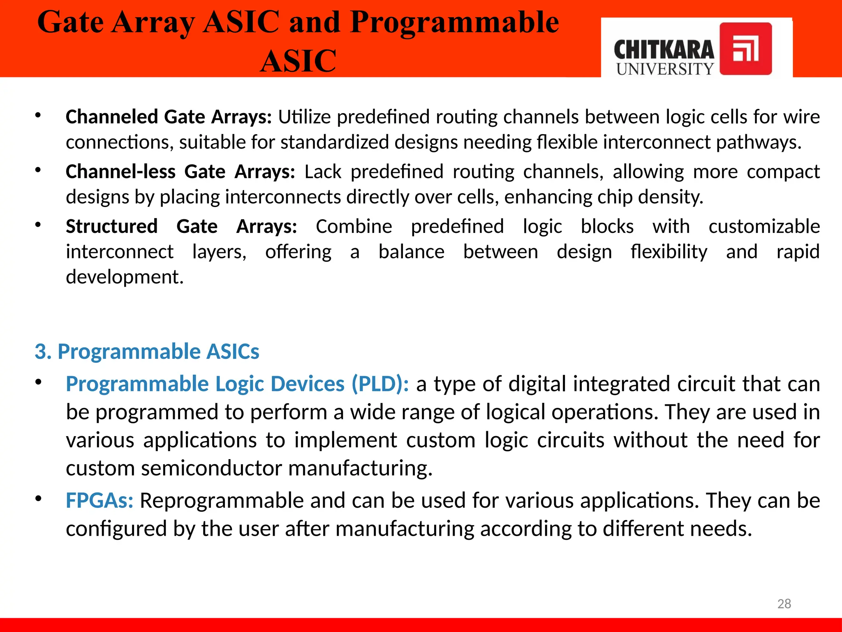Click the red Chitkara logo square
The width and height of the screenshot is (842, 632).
745,49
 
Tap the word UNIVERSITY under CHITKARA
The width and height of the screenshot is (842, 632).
665,69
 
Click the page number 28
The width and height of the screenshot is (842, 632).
784,604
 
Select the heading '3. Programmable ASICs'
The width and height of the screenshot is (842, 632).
147,351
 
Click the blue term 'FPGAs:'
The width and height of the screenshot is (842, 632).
99,501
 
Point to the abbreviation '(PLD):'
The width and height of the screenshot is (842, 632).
380,384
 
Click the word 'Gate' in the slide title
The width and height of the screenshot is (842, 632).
70,22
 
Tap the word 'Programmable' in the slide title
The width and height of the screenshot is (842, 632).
454,22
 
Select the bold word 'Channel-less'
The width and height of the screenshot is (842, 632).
120,172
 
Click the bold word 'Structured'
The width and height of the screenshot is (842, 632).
111,226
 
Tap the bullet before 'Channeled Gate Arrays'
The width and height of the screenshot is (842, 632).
38,116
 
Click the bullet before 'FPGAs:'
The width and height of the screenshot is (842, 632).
38,499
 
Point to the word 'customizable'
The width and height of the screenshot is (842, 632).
764,226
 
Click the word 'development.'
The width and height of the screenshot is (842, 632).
125,277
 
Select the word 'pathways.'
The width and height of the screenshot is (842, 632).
759,142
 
